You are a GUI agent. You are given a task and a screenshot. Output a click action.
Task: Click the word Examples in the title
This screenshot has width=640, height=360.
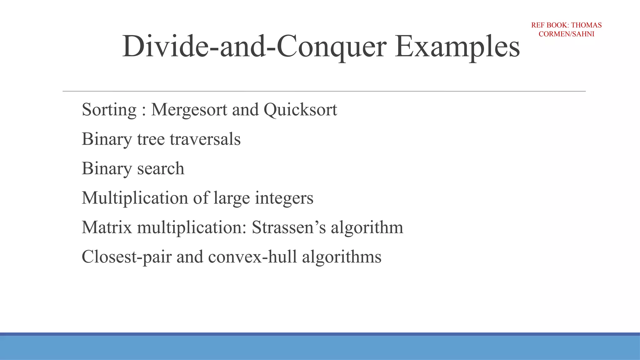click(x=457, y=47)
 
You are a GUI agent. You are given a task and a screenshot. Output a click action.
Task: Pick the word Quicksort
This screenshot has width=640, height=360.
click(x=300, y=110)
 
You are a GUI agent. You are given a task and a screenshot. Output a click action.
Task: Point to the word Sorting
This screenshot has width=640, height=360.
click(x=109, y=110)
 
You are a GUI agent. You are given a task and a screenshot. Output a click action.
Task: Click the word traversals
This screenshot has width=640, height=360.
click(x=205, y=139)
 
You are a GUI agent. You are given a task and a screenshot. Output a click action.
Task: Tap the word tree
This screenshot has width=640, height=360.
click(x=151, y=139)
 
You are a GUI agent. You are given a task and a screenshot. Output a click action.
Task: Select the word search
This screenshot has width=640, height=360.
click(x=161, y=168)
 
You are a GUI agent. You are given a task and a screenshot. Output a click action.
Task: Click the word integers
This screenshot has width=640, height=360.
click(x=284, y=198)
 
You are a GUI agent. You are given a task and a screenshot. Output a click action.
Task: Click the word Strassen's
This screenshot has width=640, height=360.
click(x=289, y=227)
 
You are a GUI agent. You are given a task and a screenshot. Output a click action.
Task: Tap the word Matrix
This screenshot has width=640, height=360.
click(x=107, y=227)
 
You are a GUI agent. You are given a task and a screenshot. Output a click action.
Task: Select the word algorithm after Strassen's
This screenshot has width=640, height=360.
click(x=367, y=227)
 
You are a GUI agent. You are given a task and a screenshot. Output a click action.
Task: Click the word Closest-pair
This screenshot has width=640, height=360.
click(x=127, y=257)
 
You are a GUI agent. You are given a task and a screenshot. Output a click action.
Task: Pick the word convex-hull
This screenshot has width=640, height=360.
click(x=252, y=257)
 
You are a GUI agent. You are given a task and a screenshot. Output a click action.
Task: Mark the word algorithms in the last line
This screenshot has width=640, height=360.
click(x=342, y=257)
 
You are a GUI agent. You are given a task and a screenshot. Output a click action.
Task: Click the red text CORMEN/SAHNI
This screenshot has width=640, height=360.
click(x=566, y=34)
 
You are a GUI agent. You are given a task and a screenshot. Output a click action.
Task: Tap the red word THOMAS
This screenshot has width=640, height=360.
click(x=586, y=25)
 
